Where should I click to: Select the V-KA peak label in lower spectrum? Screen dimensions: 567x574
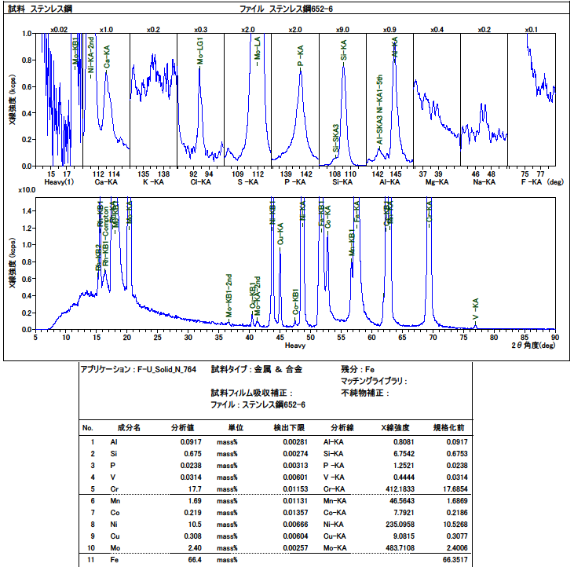(476, 308)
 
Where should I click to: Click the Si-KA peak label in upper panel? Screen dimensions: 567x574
(344, 48)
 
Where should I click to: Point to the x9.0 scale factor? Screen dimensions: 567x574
(342, 29)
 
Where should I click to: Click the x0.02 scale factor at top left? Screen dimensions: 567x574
(59, 29)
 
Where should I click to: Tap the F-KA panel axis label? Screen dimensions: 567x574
(531, 182)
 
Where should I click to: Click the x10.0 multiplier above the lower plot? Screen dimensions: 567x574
(25, 190)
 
